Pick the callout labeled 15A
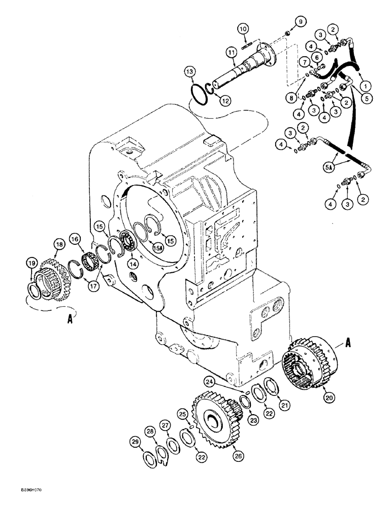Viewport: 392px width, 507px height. (x=158, y=247)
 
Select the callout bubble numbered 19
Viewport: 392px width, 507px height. (x=31, y=263)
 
